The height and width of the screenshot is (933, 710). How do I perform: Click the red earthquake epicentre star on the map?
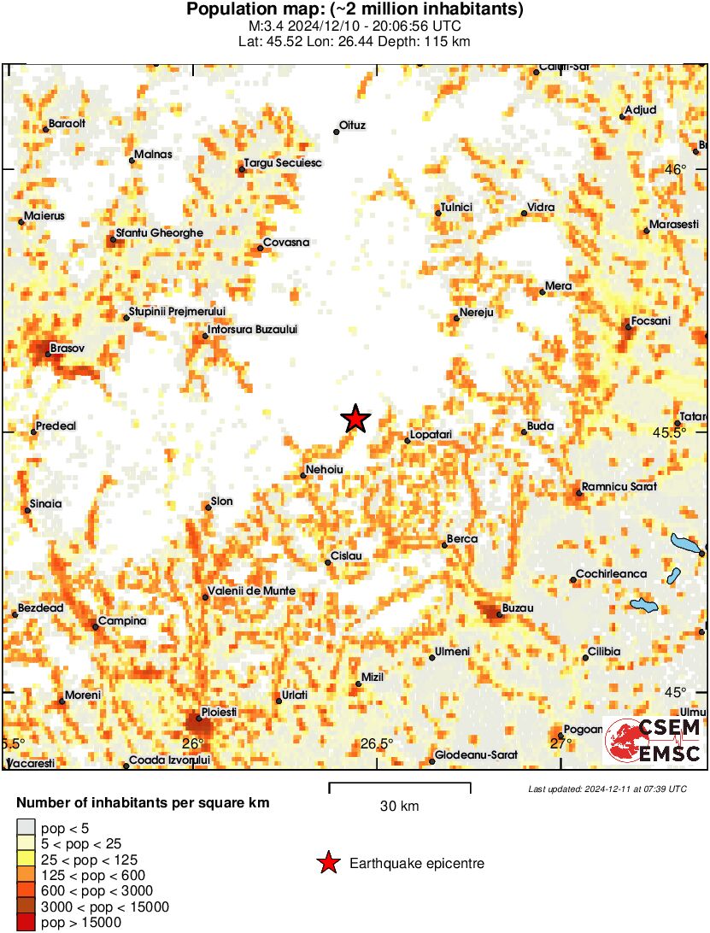(x=355, y=419)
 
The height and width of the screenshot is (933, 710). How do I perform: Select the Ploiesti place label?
(x=218, y=712)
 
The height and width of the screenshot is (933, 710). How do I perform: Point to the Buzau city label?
(x=518, y=607)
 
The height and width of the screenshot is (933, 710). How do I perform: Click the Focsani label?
(x=651, y=320)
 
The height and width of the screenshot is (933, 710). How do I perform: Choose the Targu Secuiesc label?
(x=283, y=162)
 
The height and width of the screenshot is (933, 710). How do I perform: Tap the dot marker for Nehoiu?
(x=303, y=475)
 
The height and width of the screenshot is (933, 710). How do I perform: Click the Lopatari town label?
(x=431, y=435)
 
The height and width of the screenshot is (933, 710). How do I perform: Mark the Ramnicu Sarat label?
(x=619, y=487)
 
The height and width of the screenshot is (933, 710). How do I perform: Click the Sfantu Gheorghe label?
(x=160, y=232)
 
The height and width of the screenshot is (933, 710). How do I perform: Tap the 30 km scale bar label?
(x=400, y=806)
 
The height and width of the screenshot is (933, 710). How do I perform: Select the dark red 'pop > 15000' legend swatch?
(x=27, y=922)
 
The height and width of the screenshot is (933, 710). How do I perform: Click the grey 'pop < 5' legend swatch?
(x=27, y=826)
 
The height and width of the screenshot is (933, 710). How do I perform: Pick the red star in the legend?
(x=328, y=864)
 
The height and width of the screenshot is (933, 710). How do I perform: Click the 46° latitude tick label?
(x=676, y=169)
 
